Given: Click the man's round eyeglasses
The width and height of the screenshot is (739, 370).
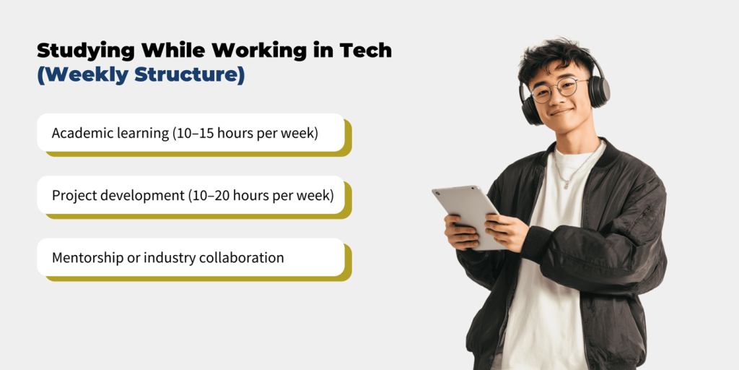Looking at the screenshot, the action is click(559, 89).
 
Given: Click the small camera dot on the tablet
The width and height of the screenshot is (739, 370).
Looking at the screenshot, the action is click(437, 193).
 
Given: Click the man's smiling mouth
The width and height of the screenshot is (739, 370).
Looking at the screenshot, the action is click(560, 112).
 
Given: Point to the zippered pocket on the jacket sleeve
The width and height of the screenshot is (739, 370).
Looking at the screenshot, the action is click(642, 218).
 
